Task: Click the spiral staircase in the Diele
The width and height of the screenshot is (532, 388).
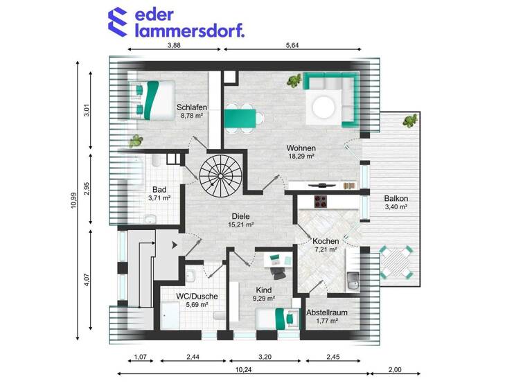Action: pos(217,174)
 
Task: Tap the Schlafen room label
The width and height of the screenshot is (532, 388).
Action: pos(192,107)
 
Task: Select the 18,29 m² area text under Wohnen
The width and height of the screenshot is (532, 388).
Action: pos(301,157)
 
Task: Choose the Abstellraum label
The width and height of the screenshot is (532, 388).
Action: pos(327,312)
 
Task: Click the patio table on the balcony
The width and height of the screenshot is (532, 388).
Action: pos(397,263)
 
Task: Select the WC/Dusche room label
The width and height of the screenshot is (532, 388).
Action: pos(197,296)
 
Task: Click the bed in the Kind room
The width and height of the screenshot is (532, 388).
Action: pos(274,319)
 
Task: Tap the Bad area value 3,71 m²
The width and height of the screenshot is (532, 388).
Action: pos(160,197)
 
